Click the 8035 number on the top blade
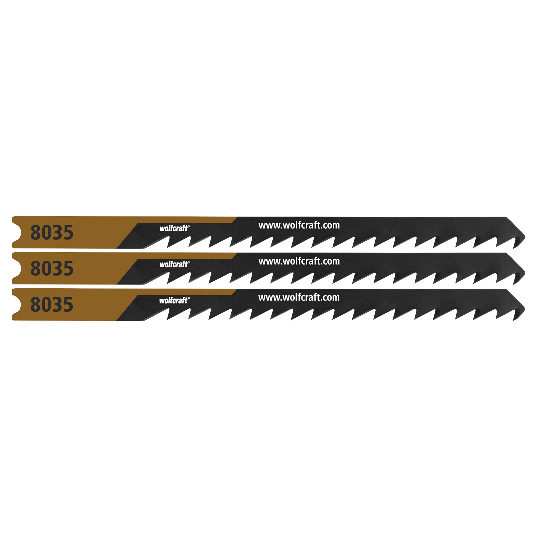tap(52, 232)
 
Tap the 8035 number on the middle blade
tap(52, 268)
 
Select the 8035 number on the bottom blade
tap(52, 304)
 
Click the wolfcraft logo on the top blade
tap(174, 228)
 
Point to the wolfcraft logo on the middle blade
tap(174, 264)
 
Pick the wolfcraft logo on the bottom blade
tap(174, 300)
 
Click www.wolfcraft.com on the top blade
tap(299, 226)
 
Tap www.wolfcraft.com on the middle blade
tap(299, 261)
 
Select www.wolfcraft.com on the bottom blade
tap(299, 297)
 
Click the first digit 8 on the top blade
tap(35, 232)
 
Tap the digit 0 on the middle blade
tap(46, 268)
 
